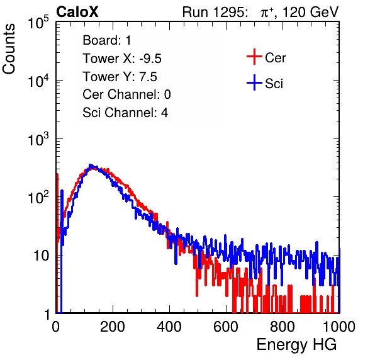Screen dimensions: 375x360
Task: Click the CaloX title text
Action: pyautogui.click(x=77, y=12)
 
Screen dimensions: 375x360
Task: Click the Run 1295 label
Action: pyautogui.click(x=215, y=12)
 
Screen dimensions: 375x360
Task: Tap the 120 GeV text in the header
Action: pyautogui.click(x=310, y=12)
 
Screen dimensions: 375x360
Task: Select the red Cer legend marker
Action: pyautogui.click(x=254, y=57)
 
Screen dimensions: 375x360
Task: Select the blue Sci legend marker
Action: pyautogui.click(x=254, y=83)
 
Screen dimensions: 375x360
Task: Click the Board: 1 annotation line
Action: pyautogui.click(x=107, y=40)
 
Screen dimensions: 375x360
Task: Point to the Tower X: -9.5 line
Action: pyautogui.click(x=122, y=59)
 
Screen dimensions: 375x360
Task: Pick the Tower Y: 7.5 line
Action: pyautogui.click(x=120, y=77)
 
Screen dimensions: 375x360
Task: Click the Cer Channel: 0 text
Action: pyautogui.click(x=126, y=94)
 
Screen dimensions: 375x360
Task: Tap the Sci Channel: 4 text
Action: pyautogui.click(x=125, y=113)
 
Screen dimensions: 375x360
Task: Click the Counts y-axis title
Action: pyautogui.click(x=9, y=49)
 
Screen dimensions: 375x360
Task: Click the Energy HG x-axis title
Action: pyautogui.click(x=296, y=345)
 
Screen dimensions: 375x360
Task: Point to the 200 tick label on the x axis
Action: pyautogui.click(x=113, y=327)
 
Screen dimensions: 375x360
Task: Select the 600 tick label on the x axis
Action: pyautogui.click(x=226, y=327)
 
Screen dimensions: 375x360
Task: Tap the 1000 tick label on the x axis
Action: pyautogui.click(x=339, y=327)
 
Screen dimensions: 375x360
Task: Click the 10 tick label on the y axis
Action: pyautogui.click(x=41, y=256)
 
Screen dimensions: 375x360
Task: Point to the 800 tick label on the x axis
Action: pyautogui.click(x=283, y=327)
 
